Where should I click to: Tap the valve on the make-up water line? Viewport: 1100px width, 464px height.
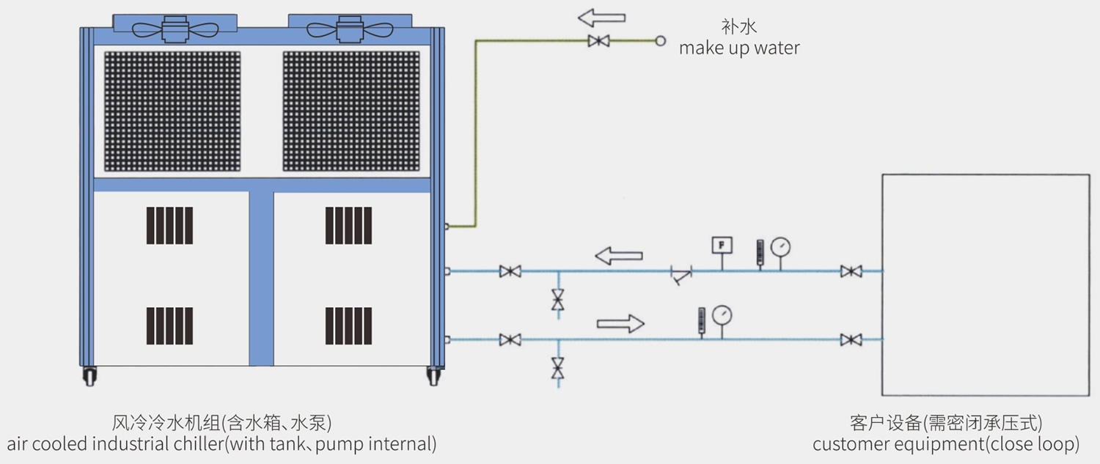598,41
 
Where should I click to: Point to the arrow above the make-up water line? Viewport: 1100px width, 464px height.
601,16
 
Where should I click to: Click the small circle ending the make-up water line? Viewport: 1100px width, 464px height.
659,41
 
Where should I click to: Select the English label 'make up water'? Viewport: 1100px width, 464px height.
739,48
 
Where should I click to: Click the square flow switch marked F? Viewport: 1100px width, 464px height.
722,245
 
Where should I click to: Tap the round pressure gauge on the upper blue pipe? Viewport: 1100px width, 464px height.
782,246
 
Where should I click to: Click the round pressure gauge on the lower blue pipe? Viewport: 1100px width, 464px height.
722,315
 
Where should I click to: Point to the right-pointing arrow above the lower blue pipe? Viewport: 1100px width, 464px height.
620,323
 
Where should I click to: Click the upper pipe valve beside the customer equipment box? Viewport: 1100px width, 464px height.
851,271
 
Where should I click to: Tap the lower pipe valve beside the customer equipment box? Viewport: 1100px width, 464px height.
851,339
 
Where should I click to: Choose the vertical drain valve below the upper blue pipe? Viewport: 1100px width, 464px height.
558,299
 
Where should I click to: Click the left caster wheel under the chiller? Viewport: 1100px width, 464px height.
91,375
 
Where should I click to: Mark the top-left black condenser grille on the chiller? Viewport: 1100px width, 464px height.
172,111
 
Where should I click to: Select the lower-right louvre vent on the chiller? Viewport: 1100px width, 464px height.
348,326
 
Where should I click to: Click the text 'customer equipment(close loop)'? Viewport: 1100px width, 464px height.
945,444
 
